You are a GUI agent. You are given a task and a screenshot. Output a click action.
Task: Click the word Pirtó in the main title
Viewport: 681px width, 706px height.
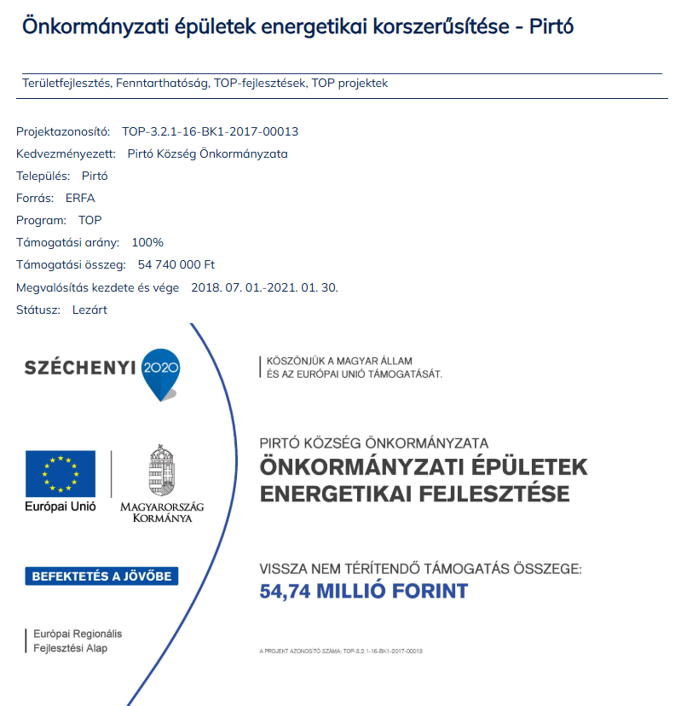coord(551,26)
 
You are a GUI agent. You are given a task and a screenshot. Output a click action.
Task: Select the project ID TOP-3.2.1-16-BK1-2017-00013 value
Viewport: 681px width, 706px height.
coord(210,132)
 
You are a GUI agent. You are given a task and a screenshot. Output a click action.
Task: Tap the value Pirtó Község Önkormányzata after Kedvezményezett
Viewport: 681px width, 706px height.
coord(207,154)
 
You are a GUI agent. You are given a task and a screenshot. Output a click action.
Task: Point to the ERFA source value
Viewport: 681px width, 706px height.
coord(80,199)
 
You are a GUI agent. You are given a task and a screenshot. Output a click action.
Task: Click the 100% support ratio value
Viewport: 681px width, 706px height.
coord(147,243)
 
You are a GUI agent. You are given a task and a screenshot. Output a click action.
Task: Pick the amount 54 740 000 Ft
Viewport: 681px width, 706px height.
coord(176,265)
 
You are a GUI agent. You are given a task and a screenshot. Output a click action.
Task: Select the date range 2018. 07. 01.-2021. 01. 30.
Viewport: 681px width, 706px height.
coord(264,287)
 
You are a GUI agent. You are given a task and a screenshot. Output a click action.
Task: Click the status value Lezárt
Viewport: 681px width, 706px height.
coord(89,310)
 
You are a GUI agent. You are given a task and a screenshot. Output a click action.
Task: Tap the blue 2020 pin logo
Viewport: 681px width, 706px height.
coord(161,371)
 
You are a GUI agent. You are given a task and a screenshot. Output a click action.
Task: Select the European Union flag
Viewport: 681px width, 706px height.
coord(61,473)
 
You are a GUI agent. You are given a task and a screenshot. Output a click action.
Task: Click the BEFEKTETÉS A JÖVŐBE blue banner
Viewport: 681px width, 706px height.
coord(101,576)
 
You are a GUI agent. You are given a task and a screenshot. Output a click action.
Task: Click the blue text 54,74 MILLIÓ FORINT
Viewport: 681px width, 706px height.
coord(364,591)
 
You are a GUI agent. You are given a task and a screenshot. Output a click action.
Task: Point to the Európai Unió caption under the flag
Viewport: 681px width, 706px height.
coord(61,506)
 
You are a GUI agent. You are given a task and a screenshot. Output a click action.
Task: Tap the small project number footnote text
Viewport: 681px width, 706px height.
coord(341,651)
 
